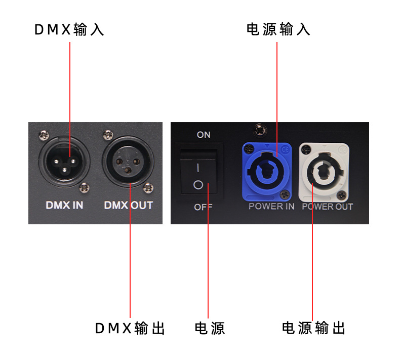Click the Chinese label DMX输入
click(69, 29)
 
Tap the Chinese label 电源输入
click(278, 29)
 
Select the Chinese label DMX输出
click(130, 328)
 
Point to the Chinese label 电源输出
click(313, 328)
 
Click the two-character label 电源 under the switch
click(210, 328)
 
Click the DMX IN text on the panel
click(64, 205)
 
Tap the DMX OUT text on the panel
click(128, 205)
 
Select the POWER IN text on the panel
click(271, 207)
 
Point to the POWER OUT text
click(327, 207)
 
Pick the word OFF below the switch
click(203, 207)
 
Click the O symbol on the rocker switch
click(198, 185)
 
